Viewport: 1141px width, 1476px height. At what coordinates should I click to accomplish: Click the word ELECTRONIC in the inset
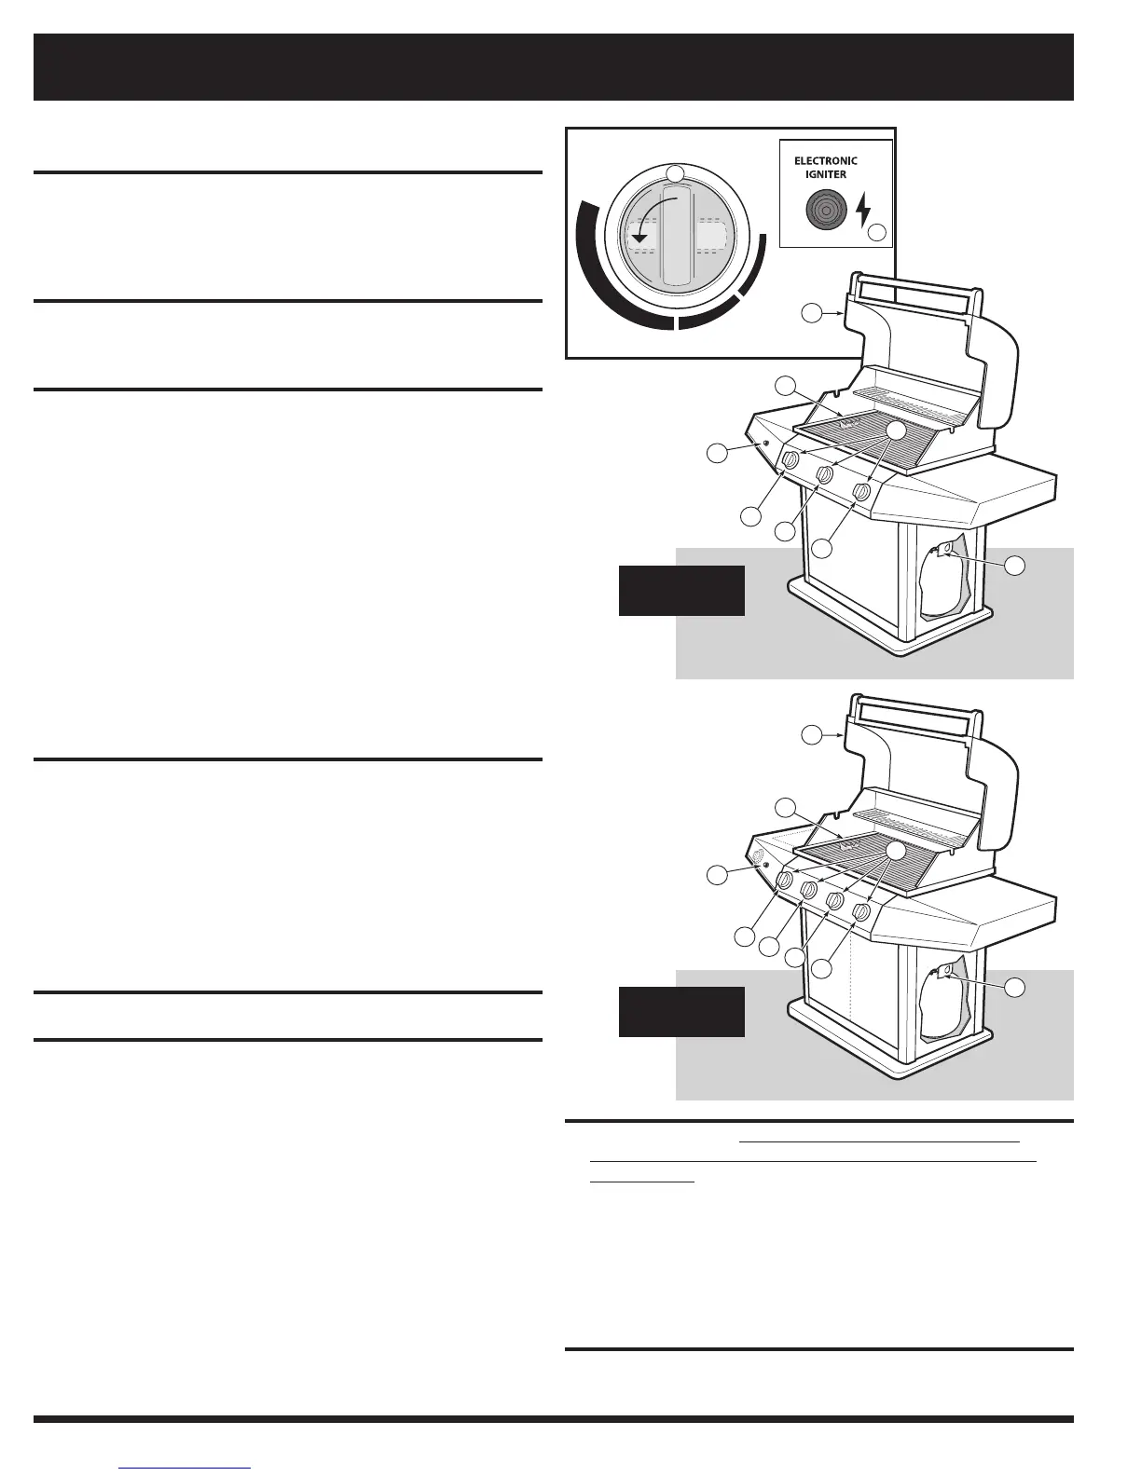pyautogui.click(x=826, y=160)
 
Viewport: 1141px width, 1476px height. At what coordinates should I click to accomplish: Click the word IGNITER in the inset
pyautogui.click(x=826, y=173)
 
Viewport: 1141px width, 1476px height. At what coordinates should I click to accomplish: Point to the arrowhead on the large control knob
pyautogui.click(x=639, y=239)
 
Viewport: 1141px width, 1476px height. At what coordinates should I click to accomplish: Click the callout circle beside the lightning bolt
pyautogui.click(x=877, y=232)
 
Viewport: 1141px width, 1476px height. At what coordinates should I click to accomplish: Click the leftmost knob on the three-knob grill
pyautogui.click(x=790, y=460)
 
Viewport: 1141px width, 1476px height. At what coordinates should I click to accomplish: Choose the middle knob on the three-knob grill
pyautogui.click(x=825, y=476)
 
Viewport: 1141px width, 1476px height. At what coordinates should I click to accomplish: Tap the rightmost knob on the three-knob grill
pyautogui.click(x=863, y=492)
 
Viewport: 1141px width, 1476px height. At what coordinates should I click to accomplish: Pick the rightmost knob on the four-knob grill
pyautogui.click(x=862, y=912)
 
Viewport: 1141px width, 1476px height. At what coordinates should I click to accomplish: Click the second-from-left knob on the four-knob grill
pyautogui.click(x=809, y=891)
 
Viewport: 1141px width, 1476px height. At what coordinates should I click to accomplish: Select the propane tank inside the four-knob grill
pyautogui.click(x=942, y=1009)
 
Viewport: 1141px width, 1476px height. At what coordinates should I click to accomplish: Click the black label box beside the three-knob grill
pyautogui.click(x=681, y=590)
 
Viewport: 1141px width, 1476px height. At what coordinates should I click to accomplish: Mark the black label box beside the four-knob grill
pyautogui.click(x=681, y=1012)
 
